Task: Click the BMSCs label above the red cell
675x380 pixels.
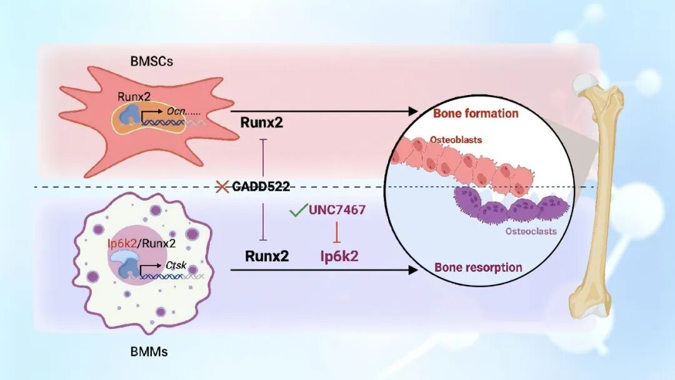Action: point(151,61)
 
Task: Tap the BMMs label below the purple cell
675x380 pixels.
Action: point(149,352)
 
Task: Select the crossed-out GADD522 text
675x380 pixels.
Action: point(261,186)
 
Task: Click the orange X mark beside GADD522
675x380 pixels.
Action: point(222,187)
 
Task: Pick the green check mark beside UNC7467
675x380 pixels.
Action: point(298,209)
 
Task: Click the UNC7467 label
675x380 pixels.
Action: point(337,210)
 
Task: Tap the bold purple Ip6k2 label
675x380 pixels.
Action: point(339,256)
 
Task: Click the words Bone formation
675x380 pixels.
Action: point(476,113)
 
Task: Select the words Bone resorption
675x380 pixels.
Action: point(478,267)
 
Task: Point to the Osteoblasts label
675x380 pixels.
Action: point(456,140)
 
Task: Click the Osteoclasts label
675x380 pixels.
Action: point(531,231)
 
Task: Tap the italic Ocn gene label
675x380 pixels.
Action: point(176,111)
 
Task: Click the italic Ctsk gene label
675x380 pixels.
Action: point(176,265)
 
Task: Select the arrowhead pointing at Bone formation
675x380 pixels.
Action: point(413,111)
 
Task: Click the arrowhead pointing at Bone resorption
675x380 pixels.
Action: point(413,270)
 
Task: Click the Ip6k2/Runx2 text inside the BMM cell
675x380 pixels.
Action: point(142,244)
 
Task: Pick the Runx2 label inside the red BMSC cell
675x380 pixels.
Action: point(134,96)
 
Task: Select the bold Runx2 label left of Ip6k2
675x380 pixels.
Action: point(267,256)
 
